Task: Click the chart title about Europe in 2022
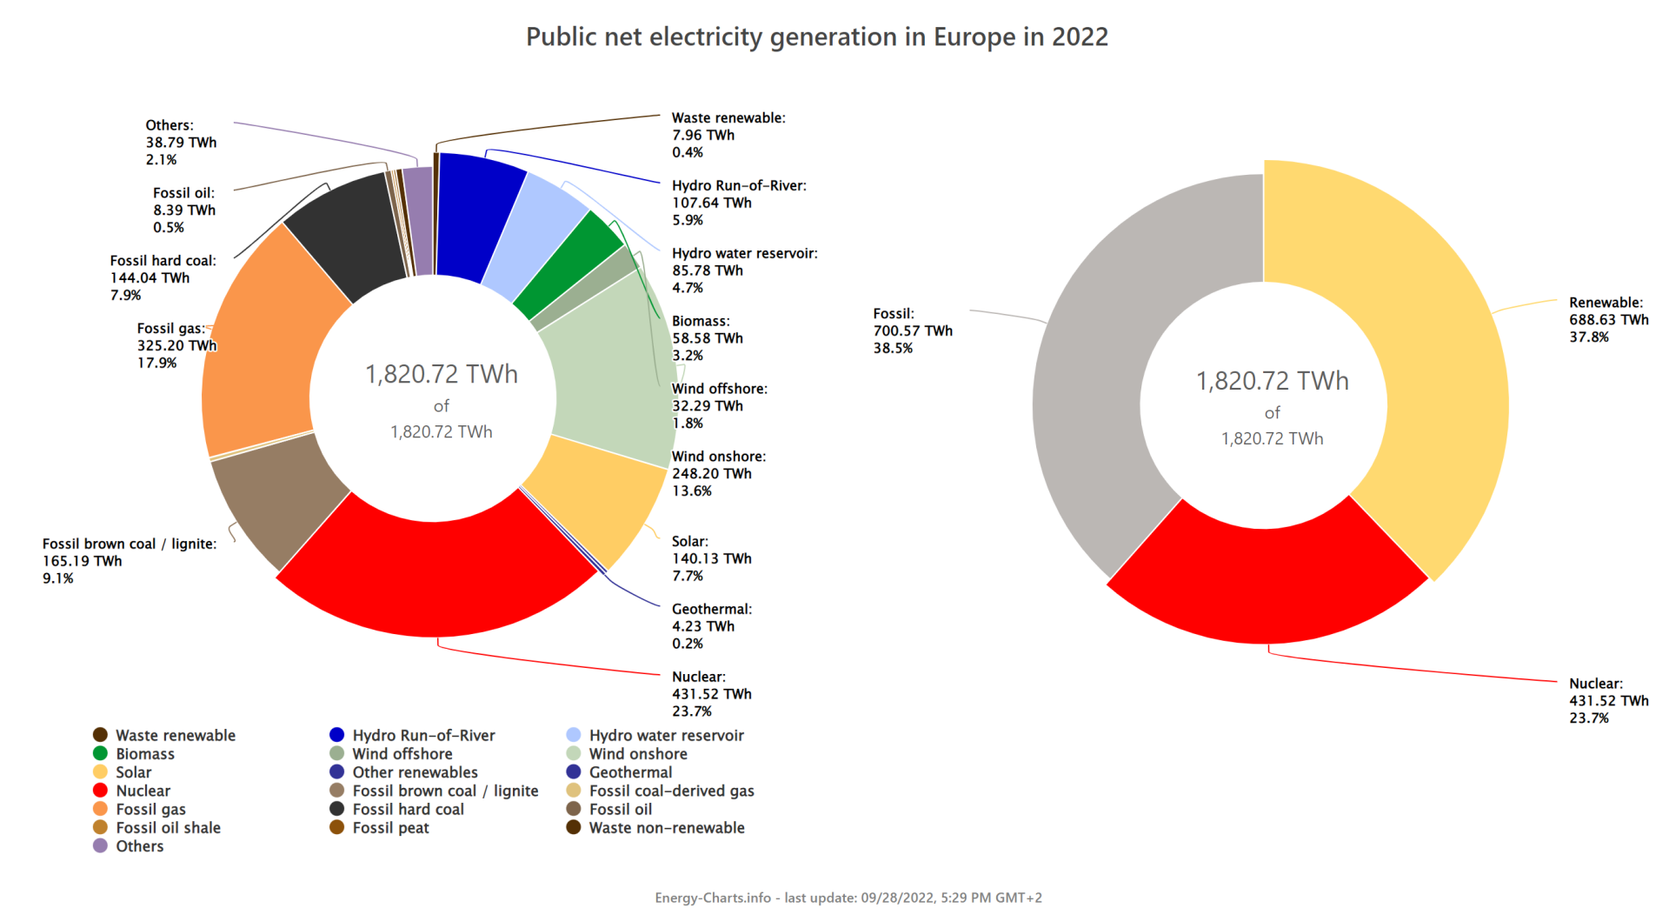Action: [816, 37]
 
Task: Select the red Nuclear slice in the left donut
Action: [435, 578]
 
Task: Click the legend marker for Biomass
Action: [101, 753]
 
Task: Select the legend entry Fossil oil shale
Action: [168, 828]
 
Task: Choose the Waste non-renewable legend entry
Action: [666, 828]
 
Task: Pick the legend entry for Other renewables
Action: [415, 772]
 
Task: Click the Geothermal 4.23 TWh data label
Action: [711, 626]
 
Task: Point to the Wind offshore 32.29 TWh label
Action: [719, 406]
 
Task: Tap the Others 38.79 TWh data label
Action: [181, 143]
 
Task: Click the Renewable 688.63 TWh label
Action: [1608, 320]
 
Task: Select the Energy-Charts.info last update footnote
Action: [848, 898]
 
